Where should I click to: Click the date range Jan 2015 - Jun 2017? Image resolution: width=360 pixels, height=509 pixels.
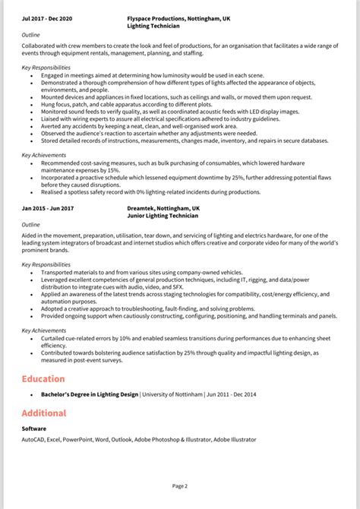coord(48,207)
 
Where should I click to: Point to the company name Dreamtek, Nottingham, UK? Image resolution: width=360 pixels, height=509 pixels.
coord(164,207)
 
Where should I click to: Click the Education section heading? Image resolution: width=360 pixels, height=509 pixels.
coord(43,378)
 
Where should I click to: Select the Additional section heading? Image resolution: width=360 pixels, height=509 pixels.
coord(44,413)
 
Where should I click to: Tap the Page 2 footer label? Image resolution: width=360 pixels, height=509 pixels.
coord(180,485)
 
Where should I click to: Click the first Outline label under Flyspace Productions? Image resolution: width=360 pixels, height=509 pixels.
coord(31,33)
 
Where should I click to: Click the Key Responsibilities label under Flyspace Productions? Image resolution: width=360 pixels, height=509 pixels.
coord(46,68)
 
